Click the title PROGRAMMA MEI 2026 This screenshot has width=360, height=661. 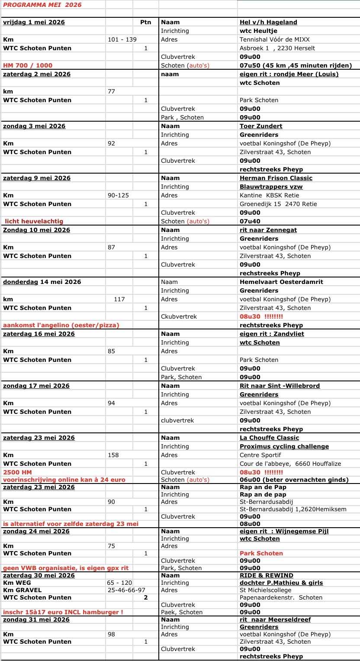42,5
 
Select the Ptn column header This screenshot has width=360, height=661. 146,22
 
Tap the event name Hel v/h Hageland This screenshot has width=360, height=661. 268,22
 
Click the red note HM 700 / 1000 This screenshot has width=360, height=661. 28,65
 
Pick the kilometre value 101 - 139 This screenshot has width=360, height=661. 122,39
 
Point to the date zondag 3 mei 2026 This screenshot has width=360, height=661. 34,126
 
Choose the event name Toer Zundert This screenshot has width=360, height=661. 261,126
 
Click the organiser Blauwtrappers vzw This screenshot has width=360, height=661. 271,187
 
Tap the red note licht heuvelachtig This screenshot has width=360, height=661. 34,221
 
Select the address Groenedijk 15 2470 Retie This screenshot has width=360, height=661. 278,204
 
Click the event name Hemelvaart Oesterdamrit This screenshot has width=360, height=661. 281,282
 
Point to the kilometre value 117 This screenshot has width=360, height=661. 119,299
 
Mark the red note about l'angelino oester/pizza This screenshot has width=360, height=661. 61,325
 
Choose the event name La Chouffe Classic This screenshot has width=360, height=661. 270,438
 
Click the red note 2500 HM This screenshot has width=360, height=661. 17,472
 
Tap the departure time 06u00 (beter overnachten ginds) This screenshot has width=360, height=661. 294,480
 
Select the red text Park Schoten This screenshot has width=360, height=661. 261,553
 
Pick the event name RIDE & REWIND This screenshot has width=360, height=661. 267,575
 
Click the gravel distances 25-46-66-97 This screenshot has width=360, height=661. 126,590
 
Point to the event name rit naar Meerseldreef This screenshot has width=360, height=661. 275,619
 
